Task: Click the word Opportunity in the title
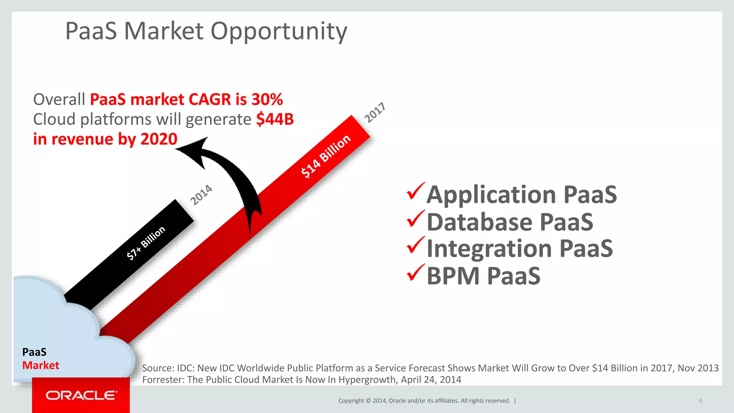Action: [x=279, y=32]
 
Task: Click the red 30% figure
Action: [x=267, y=99]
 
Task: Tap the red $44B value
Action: [x=275, y=119]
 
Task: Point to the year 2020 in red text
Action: [x=159, y=139]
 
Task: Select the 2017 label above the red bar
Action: [x=375, y=112]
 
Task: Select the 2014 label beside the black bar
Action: [x=201, y=195]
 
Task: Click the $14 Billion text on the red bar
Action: [x=325, y=156]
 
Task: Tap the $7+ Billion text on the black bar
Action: [x=146, y=243]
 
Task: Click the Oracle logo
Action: [x=81, y=395]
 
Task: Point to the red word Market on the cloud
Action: [x=40, y=365]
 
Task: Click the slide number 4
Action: [x=700, y=401]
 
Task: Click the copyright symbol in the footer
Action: [x=368, y=401]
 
